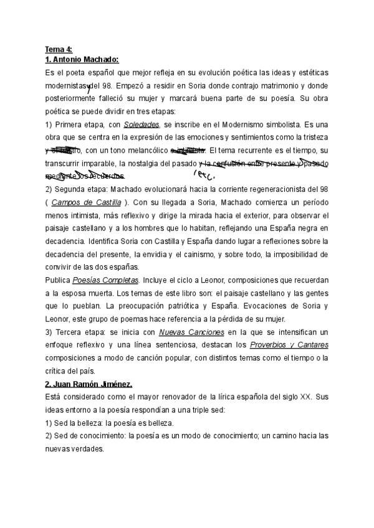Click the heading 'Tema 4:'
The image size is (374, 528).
[59, 49]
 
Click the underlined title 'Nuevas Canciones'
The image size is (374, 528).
[191, 332]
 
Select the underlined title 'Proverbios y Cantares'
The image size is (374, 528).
[289, 345]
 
